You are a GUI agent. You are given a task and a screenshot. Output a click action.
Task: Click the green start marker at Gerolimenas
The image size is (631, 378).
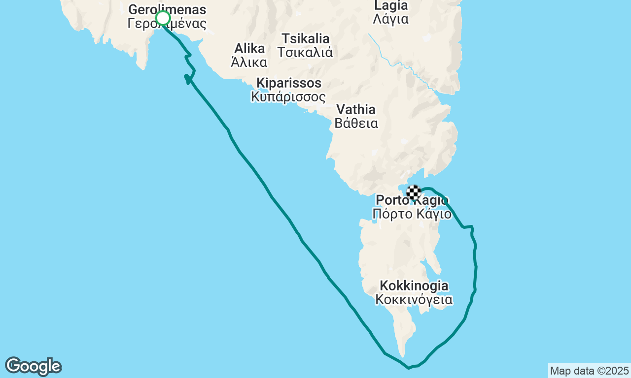coord(163,19)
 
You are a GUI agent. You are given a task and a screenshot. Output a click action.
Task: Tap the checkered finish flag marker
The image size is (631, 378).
coord(414,192)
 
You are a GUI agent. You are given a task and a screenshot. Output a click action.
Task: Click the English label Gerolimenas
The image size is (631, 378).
coord(167,9)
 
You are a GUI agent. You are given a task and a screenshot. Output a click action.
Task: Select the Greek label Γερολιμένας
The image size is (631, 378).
coord(167,24)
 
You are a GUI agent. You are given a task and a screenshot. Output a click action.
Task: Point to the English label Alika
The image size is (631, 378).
coord(249,48)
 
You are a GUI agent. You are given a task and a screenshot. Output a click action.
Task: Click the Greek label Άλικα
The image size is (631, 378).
coord(249,62)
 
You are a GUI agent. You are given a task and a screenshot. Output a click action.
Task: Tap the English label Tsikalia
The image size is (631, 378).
coord(305,38)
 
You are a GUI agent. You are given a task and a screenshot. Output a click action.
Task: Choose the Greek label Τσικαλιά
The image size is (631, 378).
coord(305,52)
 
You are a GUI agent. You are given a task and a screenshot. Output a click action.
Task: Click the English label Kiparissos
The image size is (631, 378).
coord(289,83)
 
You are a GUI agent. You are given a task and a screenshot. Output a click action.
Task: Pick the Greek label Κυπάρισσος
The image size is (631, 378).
coord(289,96)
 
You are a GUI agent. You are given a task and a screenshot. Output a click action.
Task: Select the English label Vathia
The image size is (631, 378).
coord(356,109)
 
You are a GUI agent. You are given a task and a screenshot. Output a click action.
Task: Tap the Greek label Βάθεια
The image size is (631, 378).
coord(356,123)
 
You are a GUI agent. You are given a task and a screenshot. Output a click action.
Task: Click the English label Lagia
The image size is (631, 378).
coord(391,6)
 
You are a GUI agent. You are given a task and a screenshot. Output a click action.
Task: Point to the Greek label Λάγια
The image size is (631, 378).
coord(391,20)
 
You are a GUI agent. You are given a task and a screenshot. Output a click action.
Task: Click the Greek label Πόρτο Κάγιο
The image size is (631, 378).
coord(412,214)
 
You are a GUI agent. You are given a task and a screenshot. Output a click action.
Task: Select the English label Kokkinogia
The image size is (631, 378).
coord(414,285)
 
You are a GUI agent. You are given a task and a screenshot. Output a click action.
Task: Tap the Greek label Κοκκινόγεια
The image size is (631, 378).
coord(414,299)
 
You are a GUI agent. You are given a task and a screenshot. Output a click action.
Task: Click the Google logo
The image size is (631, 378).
coord(33,367)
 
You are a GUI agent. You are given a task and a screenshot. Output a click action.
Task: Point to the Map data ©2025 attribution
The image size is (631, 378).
coord(590,371)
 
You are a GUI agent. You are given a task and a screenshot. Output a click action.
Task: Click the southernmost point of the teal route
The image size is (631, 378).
coord(408,368)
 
